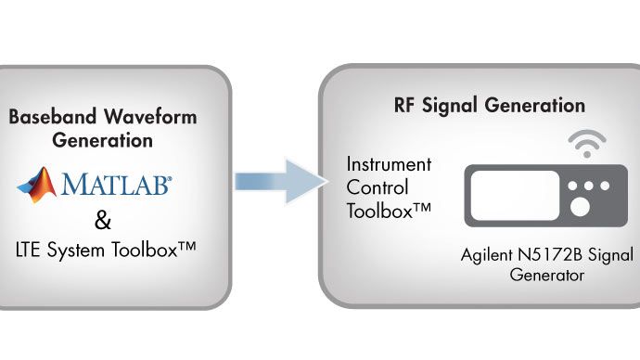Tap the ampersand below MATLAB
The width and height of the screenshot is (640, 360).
(103, 222)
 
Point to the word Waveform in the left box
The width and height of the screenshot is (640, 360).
(134, 118)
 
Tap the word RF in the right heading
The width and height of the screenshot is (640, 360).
(395, 105)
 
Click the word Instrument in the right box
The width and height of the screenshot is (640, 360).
(388, 164)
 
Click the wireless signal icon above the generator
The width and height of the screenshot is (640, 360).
(587, 145)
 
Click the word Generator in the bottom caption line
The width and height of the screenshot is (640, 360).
(546, 275)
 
